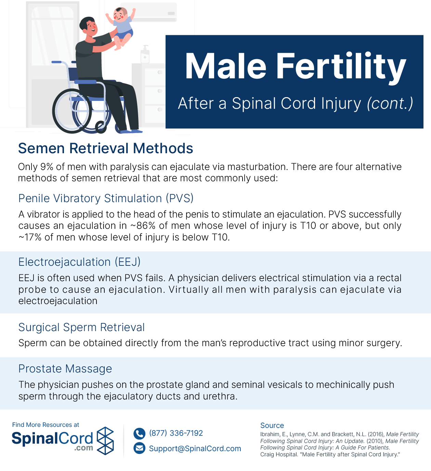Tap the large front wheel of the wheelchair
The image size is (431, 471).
point(72,111)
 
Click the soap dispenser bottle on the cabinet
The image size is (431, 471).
point(145,54)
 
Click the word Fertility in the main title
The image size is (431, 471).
point(341,66)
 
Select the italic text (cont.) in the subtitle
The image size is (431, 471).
point(390,104)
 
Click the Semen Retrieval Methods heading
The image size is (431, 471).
point(106,148)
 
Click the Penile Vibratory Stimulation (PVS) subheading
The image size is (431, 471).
point(106,198)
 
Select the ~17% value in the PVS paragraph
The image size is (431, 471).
point(30,237)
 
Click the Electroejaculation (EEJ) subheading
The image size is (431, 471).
point(79,262)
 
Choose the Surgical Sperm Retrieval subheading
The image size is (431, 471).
point(81,327)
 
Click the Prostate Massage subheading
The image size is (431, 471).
point(65,369)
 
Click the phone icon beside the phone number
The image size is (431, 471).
point(139,433)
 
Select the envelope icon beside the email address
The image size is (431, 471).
point(139,448)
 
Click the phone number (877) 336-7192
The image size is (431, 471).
point(176,433)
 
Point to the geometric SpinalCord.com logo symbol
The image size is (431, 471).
point(105,441)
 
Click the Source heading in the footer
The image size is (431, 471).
point(272,426)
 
